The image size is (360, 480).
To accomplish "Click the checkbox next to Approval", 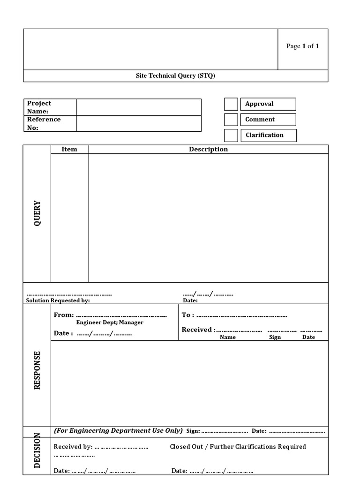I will pyautogui.click(x=231, y=105).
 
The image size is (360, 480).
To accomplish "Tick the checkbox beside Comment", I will pyautogui.click(x=231, y=120).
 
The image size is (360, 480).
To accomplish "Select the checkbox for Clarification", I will pyautogui.click(x=231, y=135).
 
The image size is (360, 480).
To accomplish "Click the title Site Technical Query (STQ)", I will pyautogui.click(x=175, y=76).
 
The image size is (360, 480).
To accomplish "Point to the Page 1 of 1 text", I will pyautogui.click(x=302, y=46).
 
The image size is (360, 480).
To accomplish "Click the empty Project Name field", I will pyautogui.click(x=139, y=107).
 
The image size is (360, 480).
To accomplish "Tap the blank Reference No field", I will pyautogui.click(x=139, y=123).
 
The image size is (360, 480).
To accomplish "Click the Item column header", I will pyautogui.click(x=69, y=149).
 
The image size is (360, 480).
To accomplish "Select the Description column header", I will pyautogui.click(x=208, y=149).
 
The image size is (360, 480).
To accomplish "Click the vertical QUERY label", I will pyautogui.click(x=37, y=214).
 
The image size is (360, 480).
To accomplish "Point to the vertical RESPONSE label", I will pyautogui.click(x=37, y=370).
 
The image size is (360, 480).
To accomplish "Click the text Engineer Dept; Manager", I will pyautogui.click(x=110, y=322).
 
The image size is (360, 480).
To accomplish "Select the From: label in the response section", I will pyautogui.click(x=64, y=315).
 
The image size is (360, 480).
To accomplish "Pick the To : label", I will pyautogui.click(x=187, y=315).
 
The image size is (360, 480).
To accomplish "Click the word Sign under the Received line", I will pyautogui.click(x=275, y=337).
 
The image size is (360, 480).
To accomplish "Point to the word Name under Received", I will pyautogui.click(x=228, y=337).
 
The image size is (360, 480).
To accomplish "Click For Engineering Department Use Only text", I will pyautogui.click(x=118, y=430).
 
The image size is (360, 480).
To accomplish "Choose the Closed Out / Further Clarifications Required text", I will pyautogui.click(x=238, y=447).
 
